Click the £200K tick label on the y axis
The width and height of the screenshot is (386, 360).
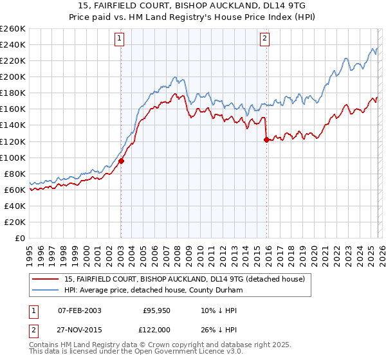13,76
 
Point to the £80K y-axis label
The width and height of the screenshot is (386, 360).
15,174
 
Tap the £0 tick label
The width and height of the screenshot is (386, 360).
19,238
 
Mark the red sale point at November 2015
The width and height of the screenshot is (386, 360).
266,139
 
